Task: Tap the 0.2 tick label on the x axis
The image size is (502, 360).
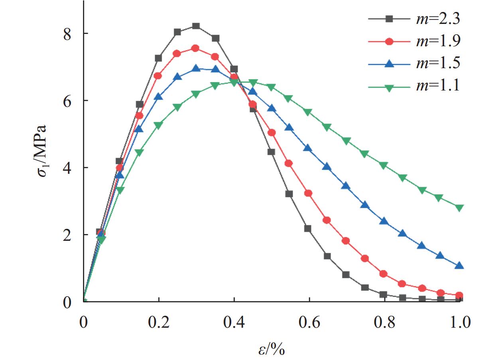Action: pos(159,321)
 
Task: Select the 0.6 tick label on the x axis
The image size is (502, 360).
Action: pos(309,321)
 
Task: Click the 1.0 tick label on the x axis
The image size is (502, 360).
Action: pos(459,321)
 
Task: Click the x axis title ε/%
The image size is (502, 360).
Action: pos(272,349)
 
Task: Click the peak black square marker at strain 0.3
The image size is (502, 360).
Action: pos(196,26)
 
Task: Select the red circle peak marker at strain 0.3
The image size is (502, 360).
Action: pos(195,48)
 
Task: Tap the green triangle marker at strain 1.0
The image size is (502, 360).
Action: pos(459,208)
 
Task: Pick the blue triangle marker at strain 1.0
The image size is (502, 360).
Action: pos(459,266)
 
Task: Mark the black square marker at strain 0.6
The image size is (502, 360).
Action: pos(308,229)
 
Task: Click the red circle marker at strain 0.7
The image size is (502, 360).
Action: pos(346,241)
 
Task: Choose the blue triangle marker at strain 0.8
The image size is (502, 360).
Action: pos(384,221)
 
